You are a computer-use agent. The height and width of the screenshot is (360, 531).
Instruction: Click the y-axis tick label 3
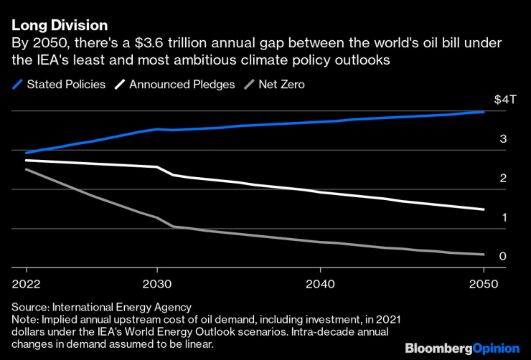[503, 138]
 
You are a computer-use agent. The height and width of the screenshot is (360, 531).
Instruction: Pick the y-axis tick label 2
[503, 178]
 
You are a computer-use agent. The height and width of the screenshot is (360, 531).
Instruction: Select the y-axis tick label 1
[503, 217]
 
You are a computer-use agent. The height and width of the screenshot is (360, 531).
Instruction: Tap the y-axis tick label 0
[503, 256]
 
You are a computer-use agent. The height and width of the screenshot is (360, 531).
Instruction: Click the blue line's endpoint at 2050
[484, 112]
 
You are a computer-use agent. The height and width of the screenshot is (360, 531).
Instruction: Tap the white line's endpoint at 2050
[484, 209]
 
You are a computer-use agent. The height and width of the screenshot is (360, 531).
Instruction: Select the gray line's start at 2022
[25, 169]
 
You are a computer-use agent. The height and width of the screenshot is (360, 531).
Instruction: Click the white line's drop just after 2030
[166, 171]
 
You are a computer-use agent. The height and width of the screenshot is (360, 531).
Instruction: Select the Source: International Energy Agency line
[97, 307]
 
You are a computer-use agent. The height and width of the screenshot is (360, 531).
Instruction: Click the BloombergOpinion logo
[462, 348]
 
